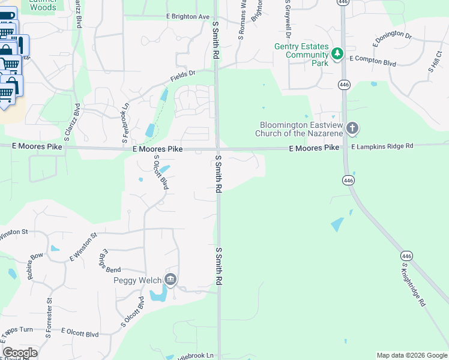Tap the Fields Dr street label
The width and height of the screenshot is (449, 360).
183,76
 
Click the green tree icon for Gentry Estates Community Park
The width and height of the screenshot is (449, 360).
337,54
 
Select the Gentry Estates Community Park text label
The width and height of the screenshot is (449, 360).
301,54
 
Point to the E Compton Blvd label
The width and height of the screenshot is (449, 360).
373,60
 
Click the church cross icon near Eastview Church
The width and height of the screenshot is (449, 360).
352,128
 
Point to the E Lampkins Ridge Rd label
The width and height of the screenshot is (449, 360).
382,146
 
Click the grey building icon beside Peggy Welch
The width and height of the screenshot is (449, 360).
170,279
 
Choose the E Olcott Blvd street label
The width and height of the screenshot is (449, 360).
76,334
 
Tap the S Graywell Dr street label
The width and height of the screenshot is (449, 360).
288,18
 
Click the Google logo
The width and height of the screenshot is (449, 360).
20,353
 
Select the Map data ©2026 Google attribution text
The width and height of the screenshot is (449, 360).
411,355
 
